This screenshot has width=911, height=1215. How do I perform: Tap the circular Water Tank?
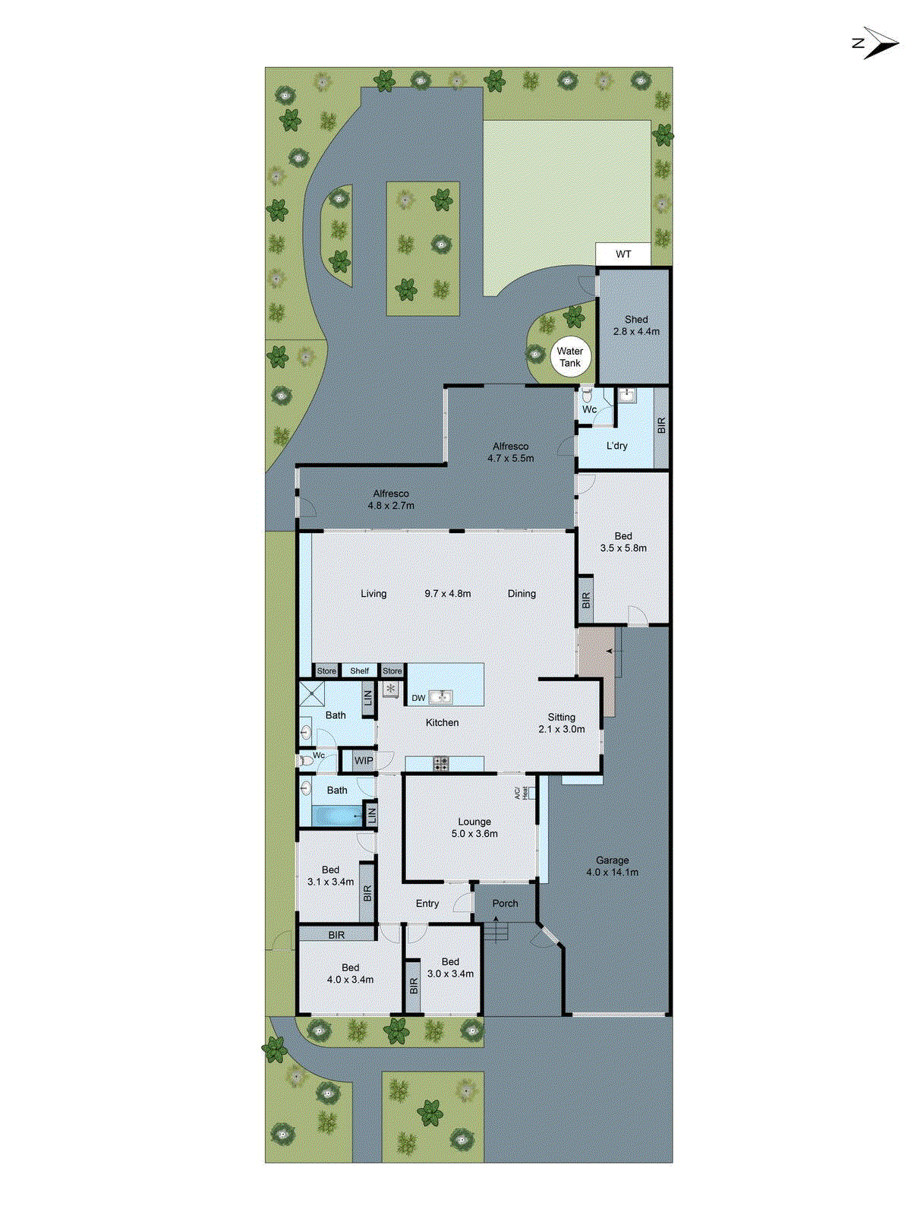tap(570, 357)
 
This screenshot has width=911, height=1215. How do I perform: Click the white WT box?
tap(623, 254)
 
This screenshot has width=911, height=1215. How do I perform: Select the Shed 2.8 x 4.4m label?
tap(636, 326)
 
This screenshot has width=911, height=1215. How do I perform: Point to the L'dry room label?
tap(616, 446)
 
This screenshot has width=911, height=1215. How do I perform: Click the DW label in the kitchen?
tap(418, 698)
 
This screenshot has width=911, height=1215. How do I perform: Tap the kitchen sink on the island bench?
tap(440, 696)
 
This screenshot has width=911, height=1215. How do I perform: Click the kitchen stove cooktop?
tap(441, 763)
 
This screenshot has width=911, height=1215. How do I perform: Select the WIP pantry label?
tap(364, 761)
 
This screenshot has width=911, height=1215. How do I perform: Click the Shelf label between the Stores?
tap(360, 671)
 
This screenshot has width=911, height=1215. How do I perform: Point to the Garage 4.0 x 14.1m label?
tap(612, 866)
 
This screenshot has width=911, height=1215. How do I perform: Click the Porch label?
tap(505, 904)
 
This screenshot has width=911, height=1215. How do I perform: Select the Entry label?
tap(427, 904)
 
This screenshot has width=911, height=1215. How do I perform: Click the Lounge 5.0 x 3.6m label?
tap(474, 828)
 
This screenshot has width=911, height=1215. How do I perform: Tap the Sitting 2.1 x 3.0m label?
tap(562, 723)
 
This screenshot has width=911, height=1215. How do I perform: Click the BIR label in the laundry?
tap(661, 425)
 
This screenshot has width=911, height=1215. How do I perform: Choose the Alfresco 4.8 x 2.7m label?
tap(391, 500)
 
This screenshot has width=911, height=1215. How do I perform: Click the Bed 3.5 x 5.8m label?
tap(623, 542)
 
